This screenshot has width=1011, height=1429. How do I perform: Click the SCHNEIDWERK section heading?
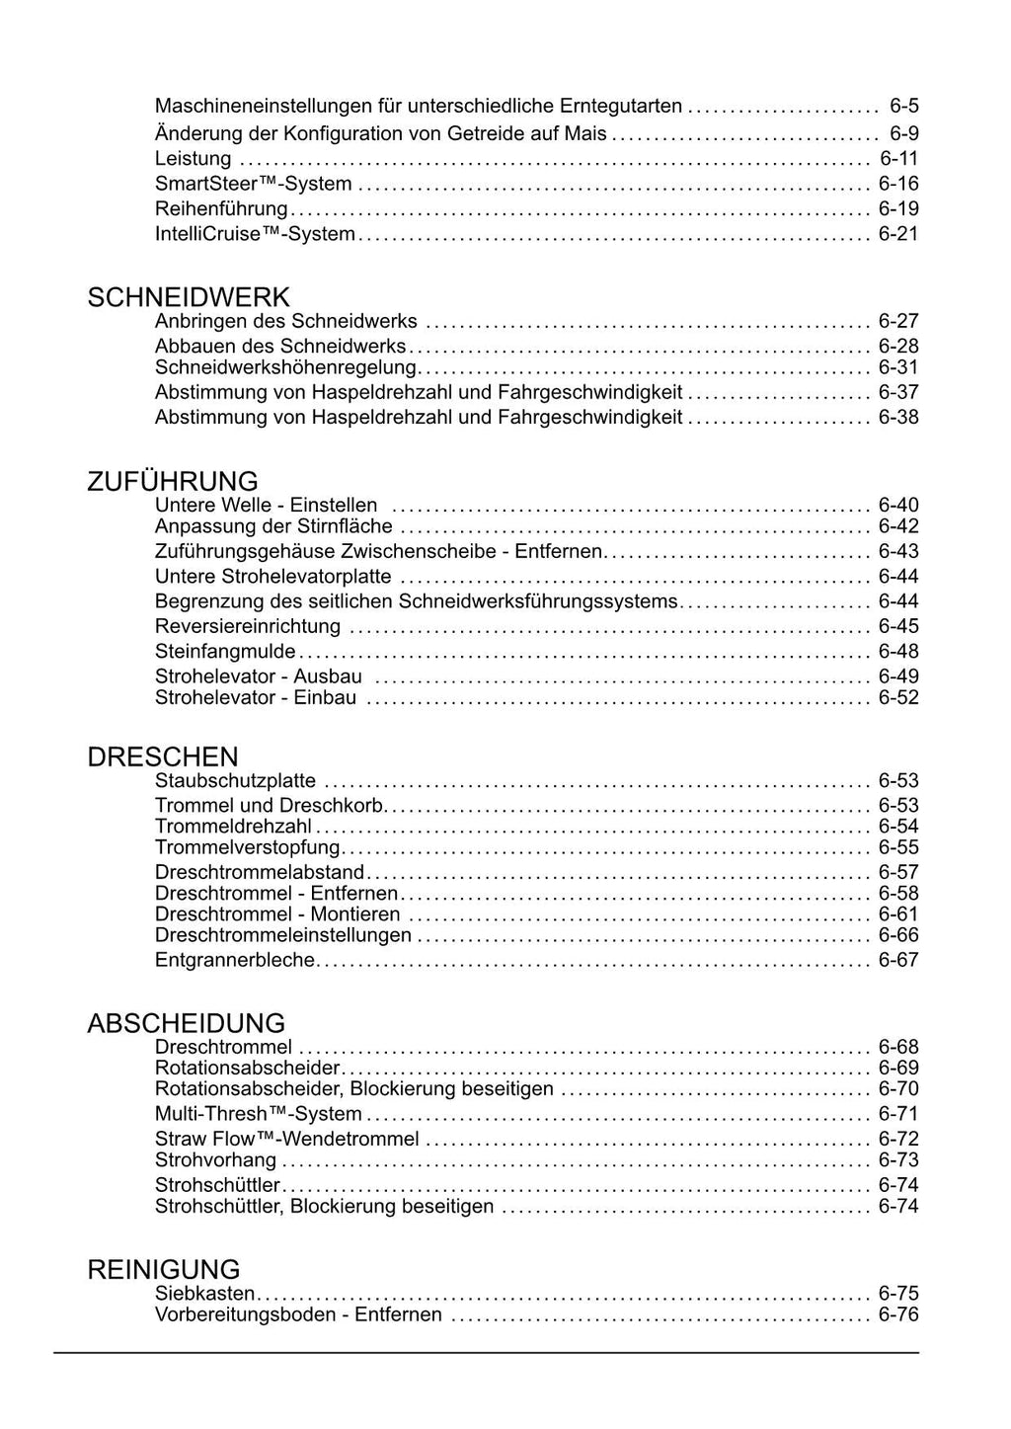tap(189, 297)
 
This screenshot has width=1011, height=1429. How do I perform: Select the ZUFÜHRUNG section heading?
tap(173, 482)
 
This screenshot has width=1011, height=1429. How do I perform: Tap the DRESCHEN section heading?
tap(163, 757)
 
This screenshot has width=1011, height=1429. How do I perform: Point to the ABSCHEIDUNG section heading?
tap(186, 1023)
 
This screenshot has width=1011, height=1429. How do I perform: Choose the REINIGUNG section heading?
tap(164, 1269)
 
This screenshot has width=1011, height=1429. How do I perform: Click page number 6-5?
tap(903, 106)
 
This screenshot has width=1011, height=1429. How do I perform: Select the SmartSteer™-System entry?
tap(253, 184)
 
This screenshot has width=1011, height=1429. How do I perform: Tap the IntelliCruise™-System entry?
tap(255, 234)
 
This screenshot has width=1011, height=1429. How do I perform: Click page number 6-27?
tap(898, 321)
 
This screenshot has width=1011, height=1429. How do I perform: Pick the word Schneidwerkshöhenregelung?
tap(285, 367)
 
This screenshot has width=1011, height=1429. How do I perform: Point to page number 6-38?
tap(898, 417)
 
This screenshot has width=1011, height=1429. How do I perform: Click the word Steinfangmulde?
tap(225, 651)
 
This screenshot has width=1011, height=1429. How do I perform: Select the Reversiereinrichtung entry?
tap(248, 626)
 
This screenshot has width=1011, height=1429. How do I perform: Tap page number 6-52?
tap(898, 697)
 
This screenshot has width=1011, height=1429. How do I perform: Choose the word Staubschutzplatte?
tap(235, 781)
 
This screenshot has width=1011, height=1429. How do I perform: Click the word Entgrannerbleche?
tap(235, 960)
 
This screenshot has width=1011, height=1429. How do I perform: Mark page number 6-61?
tap(898, 914)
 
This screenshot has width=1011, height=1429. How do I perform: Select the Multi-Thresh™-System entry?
tap(258, 1114)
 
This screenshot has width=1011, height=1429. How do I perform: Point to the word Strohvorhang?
tap(215, 1159)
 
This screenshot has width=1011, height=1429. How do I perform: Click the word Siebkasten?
tap(204, 1294)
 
